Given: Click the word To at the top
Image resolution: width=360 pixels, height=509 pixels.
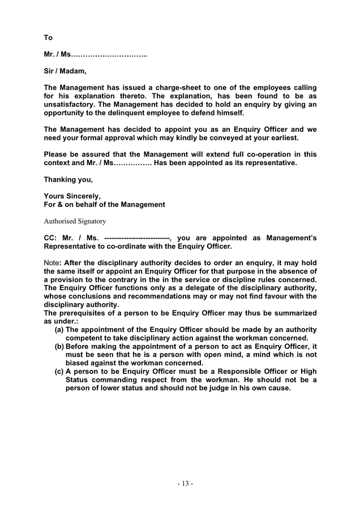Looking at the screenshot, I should click(48, 38).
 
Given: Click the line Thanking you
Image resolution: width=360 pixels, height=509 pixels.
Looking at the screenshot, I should click(68, 179).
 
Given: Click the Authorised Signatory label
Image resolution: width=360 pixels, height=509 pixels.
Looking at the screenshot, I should click(74, 221).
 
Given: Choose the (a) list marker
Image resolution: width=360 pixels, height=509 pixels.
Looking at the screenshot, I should click(58, 329).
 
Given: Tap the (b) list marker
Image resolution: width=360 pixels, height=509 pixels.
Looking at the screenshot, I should click(58, 346).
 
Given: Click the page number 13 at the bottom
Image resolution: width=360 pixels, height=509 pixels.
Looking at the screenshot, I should click(185, 484).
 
